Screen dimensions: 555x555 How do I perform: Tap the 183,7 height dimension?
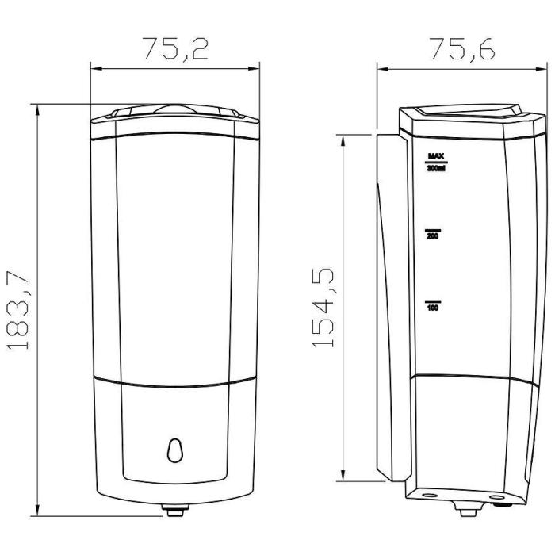click(17, 311)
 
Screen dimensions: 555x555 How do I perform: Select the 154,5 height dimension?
click(323, 308)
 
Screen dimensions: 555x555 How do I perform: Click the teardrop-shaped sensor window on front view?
click(175, 450)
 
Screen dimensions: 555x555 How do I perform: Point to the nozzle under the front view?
click(175, 510)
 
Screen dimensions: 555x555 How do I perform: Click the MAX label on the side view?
click(436, 155)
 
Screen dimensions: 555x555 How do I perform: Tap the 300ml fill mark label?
click(436, 168)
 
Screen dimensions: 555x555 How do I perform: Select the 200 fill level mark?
click(433, 236)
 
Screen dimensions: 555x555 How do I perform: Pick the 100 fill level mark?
click(433, 308)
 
